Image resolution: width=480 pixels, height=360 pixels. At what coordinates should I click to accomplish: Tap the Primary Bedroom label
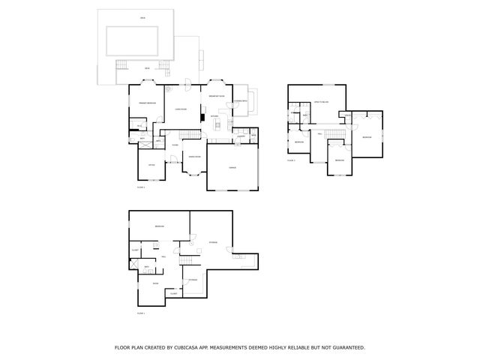(147, 103)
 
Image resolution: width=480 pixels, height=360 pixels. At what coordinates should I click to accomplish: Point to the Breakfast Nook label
(217, 97)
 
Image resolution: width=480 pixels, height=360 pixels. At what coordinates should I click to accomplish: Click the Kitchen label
(214, 116)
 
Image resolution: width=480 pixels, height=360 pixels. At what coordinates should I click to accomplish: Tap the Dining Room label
(193, 156)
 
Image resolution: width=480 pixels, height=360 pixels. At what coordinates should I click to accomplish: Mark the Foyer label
(175, 145)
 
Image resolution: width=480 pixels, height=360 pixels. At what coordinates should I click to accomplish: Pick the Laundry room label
(241, 136)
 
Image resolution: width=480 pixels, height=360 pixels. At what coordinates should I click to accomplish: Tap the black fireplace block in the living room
(202, 115)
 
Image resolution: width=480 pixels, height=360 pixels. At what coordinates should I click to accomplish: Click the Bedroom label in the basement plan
(159, 227)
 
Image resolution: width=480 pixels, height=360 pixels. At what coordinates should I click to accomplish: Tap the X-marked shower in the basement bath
(134, 267)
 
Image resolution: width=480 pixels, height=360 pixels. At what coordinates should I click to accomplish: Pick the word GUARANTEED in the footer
(349, 348)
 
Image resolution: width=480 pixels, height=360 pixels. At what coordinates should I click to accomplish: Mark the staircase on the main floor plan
(193, 133)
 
